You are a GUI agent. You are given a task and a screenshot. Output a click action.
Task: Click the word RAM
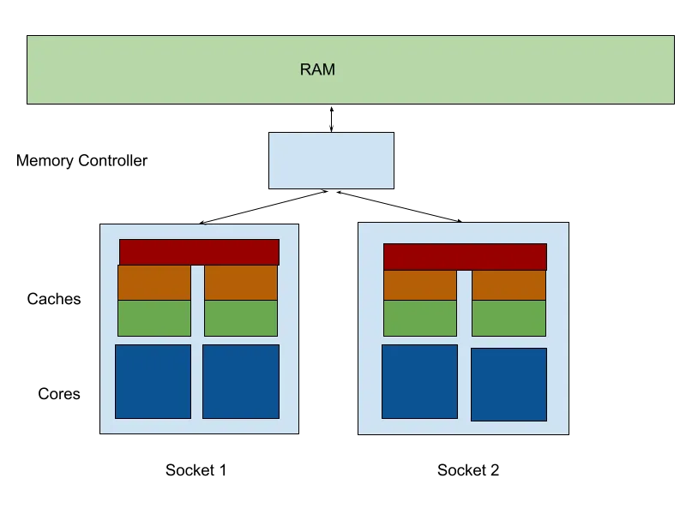(317, 70)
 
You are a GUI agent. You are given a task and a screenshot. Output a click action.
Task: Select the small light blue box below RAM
(331, 160)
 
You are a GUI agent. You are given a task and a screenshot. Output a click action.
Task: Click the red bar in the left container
(199, 252)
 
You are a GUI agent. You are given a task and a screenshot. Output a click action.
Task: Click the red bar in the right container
(465, 256)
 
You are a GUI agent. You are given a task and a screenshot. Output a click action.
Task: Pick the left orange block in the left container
(154, 283)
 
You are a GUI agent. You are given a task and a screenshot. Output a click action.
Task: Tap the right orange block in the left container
(241, 283)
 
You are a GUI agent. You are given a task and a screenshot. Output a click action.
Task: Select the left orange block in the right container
(420, 285)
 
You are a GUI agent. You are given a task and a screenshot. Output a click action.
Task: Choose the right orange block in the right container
(508, 285)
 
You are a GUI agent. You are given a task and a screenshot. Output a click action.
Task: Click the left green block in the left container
(154, 318)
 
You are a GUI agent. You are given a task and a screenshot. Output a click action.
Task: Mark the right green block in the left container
(241, 318)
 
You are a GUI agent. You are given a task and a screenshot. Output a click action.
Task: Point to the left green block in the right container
(420, 318)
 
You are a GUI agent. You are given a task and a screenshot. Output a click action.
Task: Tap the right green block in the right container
(508, 318)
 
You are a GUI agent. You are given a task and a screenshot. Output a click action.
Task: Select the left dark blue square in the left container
(153, 381)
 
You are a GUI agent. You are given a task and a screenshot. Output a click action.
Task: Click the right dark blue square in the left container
(241, 381)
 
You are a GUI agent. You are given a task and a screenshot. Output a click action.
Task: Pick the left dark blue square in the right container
(419, 381)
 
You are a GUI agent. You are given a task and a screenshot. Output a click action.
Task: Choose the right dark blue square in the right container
(508, 384)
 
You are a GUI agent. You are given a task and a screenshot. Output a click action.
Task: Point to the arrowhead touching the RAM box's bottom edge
(332, 108)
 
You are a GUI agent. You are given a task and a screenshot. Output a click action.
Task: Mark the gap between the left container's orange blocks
(197, 283)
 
